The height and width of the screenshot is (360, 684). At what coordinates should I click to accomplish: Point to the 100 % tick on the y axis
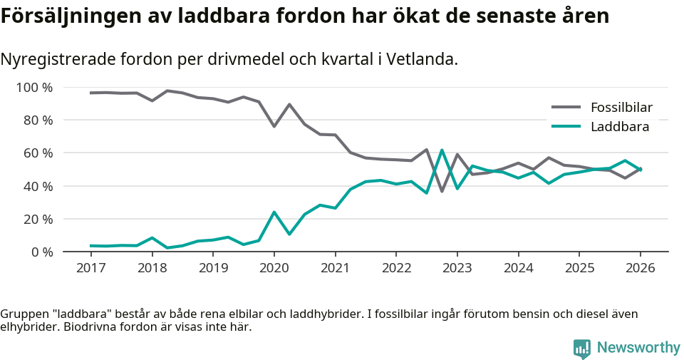34,88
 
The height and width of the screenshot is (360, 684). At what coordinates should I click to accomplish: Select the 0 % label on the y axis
41,252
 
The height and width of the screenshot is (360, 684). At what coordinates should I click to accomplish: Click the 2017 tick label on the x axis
91,268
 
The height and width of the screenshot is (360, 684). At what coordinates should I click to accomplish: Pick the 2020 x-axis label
274,268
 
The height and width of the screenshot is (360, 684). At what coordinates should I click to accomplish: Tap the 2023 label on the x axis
457,268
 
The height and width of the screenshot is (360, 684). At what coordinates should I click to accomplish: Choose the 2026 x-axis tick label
640,268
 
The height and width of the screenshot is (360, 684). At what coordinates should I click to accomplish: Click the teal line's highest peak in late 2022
442,150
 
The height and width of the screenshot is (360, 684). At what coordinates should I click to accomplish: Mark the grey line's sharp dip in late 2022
442,191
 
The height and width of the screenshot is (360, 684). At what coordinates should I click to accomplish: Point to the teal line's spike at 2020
274,212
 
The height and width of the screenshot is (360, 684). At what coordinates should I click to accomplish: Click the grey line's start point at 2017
91,93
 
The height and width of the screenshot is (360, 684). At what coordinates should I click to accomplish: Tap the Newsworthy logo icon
582,349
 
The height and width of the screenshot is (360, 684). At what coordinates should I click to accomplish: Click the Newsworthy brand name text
638,348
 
